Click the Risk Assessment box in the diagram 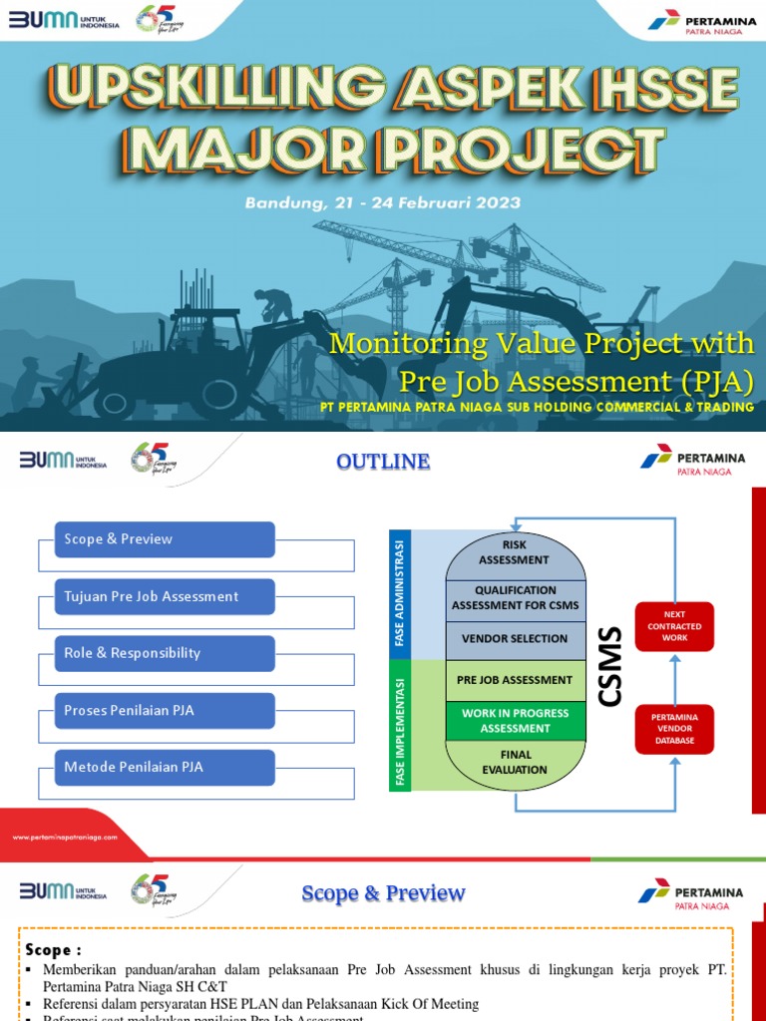[x=514, y=552]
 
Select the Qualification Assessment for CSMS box [x=515, y=597]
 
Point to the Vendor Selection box [x=515, y=638]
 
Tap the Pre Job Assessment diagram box [x=515, y=680]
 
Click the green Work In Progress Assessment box [x=515, y=721]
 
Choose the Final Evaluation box [x=515, y=763]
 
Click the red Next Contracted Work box [x=674, y=626]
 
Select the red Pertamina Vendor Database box [x=674, y=729]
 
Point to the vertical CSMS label [x=609, y=666]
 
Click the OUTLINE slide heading [x=383, y=462]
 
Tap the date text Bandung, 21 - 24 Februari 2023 [x=383, y=202]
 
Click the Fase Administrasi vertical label [x=399, y=593]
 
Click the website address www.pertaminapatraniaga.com [x=65, y=838]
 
